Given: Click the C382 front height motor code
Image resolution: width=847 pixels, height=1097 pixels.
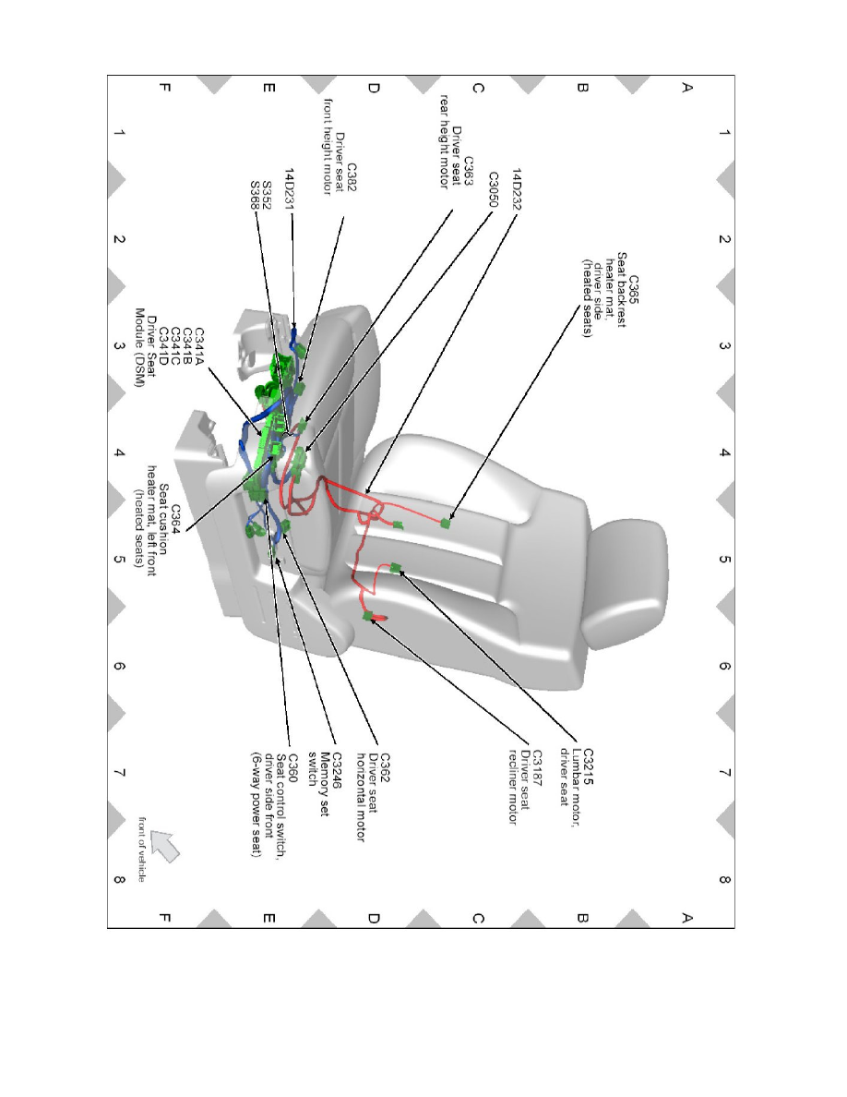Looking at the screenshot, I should (x=352, y=177).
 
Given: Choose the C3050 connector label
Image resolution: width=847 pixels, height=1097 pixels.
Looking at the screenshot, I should (x=494, y=192).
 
